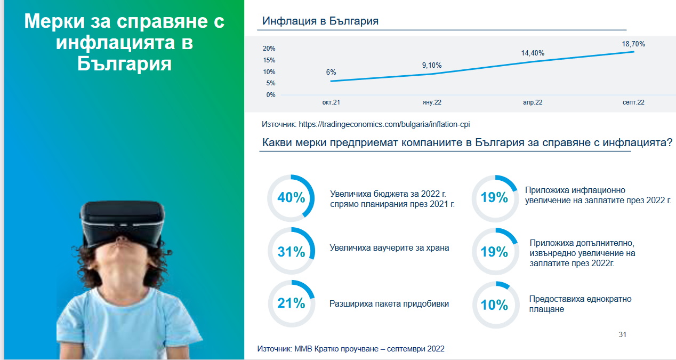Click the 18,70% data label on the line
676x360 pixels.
point(633,44)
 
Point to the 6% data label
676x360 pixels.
point(331,72)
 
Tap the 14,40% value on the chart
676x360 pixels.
point(533,53)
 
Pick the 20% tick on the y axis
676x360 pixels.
point(269,49)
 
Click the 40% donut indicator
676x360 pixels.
point(291,198)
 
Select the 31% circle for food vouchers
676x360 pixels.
point(291,251)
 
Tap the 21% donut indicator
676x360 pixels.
point(291,303)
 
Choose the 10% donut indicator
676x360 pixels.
point(495,305)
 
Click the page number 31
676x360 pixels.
point(622,334)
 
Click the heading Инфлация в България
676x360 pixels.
point(320,21)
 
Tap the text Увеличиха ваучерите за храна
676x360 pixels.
point(389,248)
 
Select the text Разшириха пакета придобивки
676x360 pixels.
point(389,303)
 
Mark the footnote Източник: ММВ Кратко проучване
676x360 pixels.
point(350,349)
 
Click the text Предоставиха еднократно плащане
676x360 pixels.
point(580,304)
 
